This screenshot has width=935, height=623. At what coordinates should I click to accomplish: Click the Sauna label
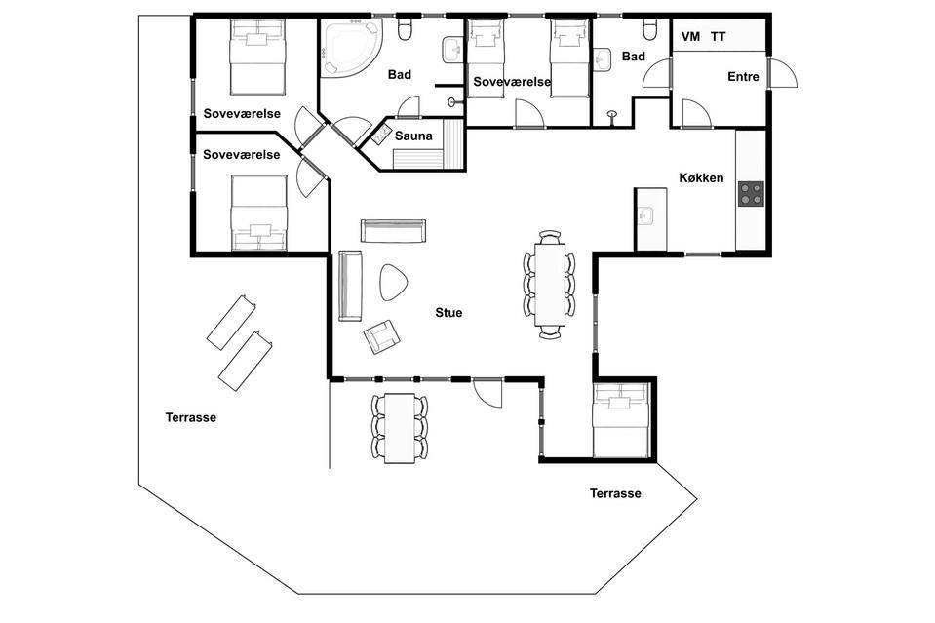413,136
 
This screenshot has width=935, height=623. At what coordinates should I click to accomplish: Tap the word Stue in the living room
448,312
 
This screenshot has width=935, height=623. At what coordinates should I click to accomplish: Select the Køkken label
701,177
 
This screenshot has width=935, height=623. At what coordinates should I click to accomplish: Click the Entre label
743,76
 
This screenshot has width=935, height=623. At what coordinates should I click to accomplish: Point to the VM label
690,36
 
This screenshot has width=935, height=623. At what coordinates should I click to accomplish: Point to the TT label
718,36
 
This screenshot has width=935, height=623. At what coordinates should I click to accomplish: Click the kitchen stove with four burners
751,194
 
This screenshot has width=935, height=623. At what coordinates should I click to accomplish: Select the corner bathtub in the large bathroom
350,47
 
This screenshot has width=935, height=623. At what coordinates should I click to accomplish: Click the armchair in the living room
380,336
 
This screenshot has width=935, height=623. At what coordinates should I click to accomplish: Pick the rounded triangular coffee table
393,282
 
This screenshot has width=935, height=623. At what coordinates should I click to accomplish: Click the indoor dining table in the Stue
549,284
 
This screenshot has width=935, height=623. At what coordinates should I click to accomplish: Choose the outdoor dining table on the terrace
399,428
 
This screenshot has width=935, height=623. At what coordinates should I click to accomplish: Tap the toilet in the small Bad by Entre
650,28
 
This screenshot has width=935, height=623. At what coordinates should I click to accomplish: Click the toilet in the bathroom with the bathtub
406,29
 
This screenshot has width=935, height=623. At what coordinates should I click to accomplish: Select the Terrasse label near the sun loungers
191,417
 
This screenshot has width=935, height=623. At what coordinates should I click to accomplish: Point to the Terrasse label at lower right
615,493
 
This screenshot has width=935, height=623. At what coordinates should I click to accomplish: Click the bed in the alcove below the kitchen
620,421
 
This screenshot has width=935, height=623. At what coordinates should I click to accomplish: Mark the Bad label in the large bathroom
400,74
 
